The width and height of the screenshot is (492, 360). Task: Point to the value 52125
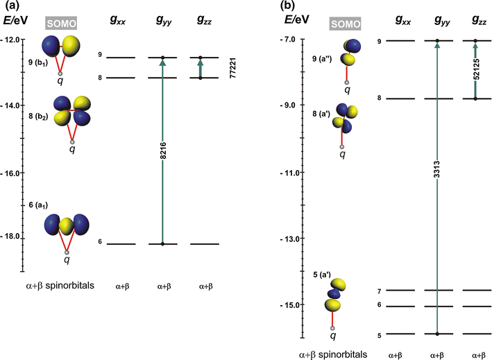(x=476, y=71)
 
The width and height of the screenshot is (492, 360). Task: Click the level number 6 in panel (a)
(x=100, y=242)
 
